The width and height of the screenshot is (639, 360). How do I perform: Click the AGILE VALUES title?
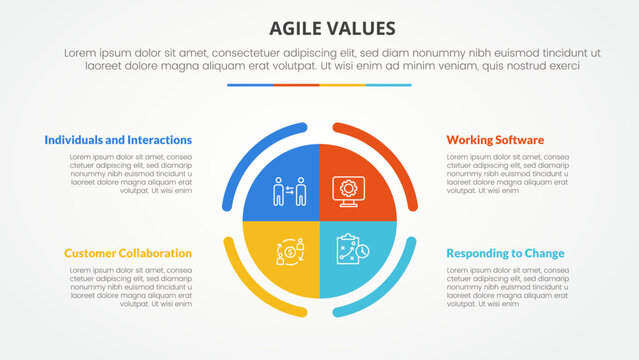(319, 27)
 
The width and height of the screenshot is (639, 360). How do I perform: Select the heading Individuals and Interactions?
(118, 140)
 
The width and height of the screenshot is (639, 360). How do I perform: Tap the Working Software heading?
(495, 140)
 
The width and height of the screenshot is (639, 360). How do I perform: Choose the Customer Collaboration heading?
(128, 253)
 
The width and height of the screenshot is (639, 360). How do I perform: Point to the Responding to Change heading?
(505, 253)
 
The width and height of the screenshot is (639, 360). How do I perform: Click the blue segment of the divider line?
(250, 85)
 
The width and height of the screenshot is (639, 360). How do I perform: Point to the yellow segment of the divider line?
(342, 85)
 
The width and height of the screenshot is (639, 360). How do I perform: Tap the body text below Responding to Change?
(507, 287)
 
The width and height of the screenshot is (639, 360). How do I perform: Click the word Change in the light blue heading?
(541, 253)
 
